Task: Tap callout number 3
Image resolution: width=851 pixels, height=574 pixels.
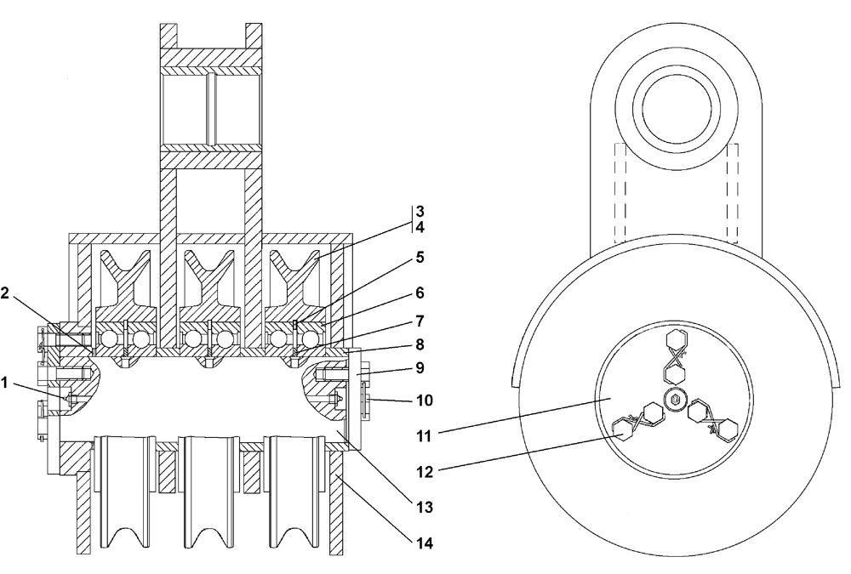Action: point(420,210)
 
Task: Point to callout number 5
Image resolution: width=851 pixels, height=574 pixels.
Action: point(420,256)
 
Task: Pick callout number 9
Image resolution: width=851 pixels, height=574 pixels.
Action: point(420,370)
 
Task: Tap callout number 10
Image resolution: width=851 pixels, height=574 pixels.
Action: point(420,399)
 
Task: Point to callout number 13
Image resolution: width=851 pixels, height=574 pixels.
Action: point(420,507)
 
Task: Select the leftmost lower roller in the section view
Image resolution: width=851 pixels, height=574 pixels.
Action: point(123,493)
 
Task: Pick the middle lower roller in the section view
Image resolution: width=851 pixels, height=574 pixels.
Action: point(209,493)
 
